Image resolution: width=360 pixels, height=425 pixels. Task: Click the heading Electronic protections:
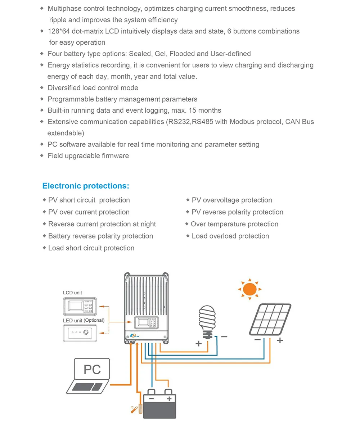(85, 186)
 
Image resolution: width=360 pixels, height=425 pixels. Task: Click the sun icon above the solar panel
(249, 289)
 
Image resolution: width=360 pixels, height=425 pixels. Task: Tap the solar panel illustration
(270, 320)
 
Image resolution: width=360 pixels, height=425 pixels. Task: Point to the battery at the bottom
(159, 405)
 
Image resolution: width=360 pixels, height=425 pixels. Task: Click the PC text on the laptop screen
(92, 369)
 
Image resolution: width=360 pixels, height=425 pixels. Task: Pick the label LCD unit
(72, 293)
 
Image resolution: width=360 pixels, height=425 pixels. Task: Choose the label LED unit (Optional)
(84, 320)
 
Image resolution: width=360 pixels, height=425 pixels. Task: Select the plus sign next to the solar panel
(280, 340)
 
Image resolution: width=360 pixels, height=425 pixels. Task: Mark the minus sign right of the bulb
(224, 337)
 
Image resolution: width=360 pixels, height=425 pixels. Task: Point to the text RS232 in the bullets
(178, 122)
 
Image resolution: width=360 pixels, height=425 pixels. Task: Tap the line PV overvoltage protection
(231, 200)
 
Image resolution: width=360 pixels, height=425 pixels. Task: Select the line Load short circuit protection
(91, 248)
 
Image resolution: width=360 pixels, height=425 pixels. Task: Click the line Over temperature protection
(234, 224)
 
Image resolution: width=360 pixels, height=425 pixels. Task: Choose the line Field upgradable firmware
(88, 156)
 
